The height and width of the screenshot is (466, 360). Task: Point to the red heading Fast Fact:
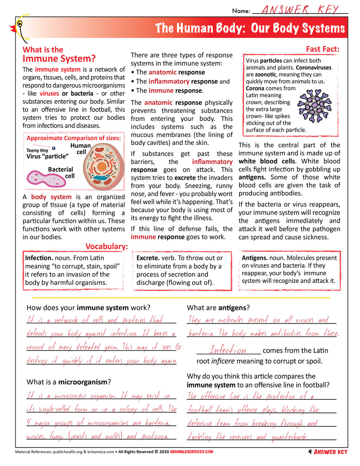323,49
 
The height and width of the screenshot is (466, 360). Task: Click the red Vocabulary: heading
107,246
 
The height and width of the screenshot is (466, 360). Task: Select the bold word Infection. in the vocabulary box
39,258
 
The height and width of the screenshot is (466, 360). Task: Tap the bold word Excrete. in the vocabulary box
148,258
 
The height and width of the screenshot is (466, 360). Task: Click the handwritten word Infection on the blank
228,350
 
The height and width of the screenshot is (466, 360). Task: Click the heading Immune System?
59,59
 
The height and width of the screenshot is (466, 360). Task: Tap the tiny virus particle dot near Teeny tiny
54,148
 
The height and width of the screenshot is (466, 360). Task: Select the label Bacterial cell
61,173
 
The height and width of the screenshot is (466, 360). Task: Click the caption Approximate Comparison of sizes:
74,138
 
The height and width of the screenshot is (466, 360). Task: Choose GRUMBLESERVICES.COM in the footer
191,452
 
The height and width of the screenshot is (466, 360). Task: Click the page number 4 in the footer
310,452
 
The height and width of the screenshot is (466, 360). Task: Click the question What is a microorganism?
68,382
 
